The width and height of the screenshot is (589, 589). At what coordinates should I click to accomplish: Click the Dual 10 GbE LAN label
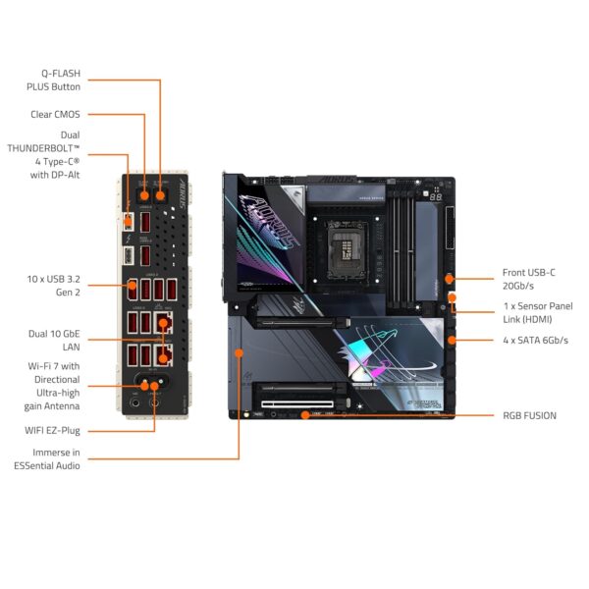[55, 341]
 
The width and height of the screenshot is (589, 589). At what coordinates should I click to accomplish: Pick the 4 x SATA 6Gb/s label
[534, 341]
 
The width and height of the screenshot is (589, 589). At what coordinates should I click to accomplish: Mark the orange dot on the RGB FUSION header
[306, 415]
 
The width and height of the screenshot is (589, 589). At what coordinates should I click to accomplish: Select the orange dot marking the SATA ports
[452, 341]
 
